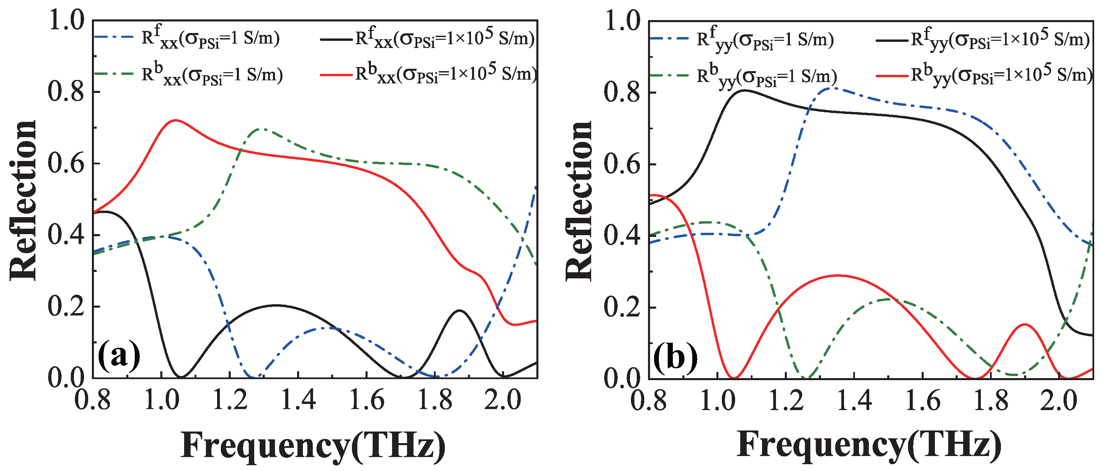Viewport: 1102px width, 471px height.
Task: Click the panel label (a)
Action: tap(119, 355)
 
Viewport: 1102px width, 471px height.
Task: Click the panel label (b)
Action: tap(675, 356)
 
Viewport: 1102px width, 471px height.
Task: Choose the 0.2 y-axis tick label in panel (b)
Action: tap(622, 307)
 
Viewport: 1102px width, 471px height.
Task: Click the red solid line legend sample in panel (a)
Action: tap(336, 75)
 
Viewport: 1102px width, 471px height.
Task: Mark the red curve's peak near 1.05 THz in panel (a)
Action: tap(175, 120)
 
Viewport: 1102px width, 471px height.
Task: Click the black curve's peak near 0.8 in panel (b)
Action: tap(745, 90)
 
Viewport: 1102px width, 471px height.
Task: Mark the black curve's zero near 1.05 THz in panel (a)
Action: tap(181, 377)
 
